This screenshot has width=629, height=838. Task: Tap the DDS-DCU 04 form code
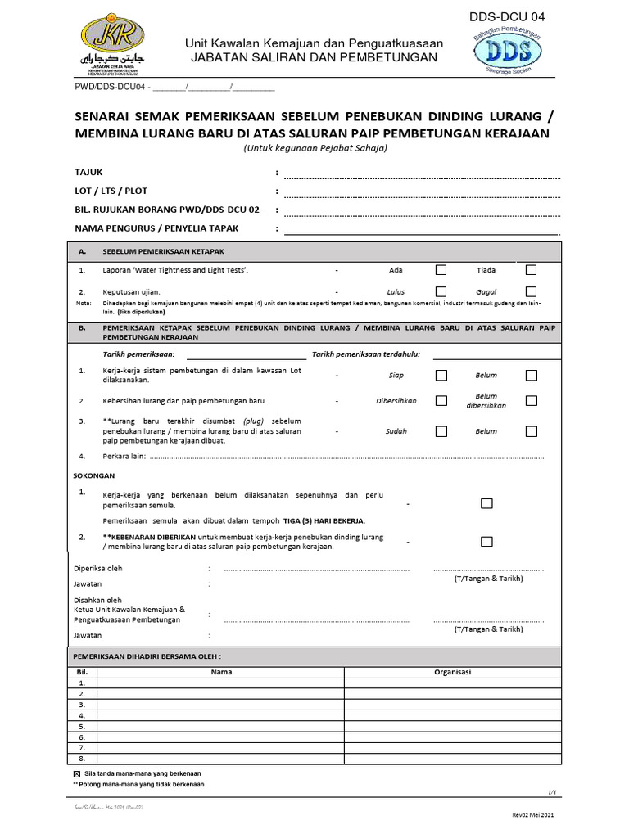click(x=505, y=16)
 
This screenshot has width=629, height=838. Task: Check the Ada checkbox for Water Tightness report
click(x=441, y=269)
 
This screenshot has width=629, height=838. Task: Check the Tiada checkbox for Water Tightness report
click(x=532, y=269)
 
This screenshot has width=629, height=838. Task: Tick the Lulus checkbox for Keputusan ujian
click(x=441, y=291)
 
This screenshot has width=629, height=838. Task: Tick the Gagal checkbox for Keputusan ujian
click(x=532, y=291)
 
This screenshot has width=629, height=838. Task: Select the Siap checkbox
click(x=441, y=376)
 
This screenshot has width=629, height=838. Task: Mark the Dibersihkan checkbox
click(x=441, y=401)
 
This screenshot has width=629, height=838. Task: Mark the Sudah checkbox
click(x=441, y=431)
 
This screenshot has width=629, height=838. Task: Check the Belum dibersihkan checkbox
click(x=532, y=401)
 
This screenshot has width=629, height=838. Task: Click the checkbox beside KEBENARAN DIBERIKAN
click(x=486, y=541)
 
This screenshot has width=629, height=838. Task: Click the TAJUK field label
click(x=89, y=173)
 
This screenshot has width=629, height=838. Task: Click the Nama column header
click(x=221, y=673)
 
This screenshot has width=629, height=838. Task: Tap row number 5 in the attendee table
click(x=82, y=727)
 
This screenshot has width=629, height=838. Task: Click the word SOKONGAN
click(x=95, y=475)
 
